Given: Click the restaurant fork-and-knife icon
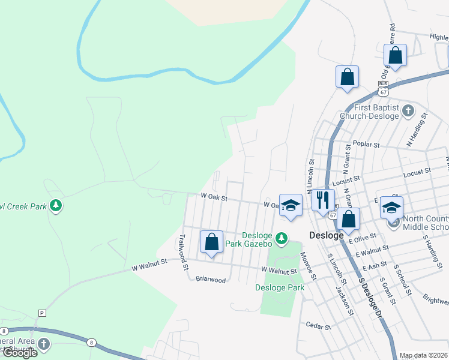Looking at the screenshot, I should [x=323, y=199].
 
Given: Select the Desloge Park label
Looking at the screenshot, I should [x=280, y=287].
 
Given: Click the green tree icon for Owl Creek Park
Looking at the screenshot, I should [x=56, y=206].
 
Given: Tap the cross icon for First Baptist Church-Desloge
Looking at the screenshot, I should [x=408, y=110].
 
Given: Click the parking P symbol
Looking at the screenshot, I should [x=41, y=313].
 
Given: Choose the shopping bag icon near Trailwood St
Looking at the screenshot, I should [x=211, y=242].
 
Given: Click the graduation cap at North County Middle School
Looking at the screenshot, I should [x=391, y=208].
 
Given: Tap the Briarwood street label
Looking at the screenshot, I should [x=210, y=280].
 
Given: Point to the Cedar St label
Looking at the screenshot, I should [x=319, y=326].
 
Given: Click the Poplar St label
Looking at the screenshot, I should [x=367, y=145].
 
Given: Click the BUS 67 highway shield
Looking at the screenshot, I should [x=383, y=89].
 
